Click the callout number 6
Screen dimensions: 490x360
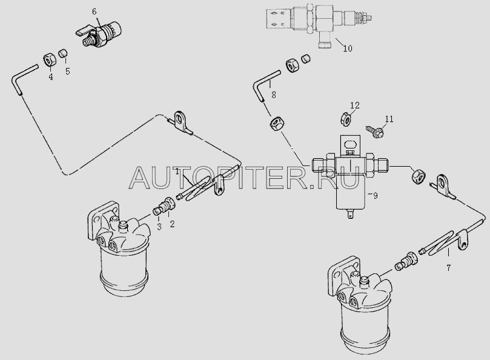[94, 12]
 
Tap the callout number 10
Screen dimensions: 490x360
[348, 48]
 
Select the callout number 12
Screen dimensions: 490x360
[355, 105]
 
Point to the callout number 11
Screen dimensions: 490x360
[389, 119]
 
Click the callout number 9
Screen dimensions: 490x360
[376, 196]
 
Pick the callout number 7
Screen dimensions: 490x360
[448, 268]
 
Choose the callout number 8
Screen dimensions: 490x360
[274, 95]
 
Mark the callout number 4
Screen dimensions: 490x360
[51, 77]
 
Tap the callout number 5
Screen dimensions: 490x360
[67, 72]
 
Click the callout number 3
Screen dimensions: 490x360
[159, 227]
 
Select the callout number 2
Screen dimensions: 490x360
[172, 224]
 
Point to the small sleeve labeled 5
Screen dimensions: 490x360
[63, 53]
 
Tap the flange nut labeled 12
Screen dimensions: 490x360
[345, 119]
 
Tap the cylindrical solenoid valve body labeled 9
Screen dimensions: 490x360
[350, 193]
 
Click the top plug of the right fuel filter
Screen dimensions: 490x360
[363, 281]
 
